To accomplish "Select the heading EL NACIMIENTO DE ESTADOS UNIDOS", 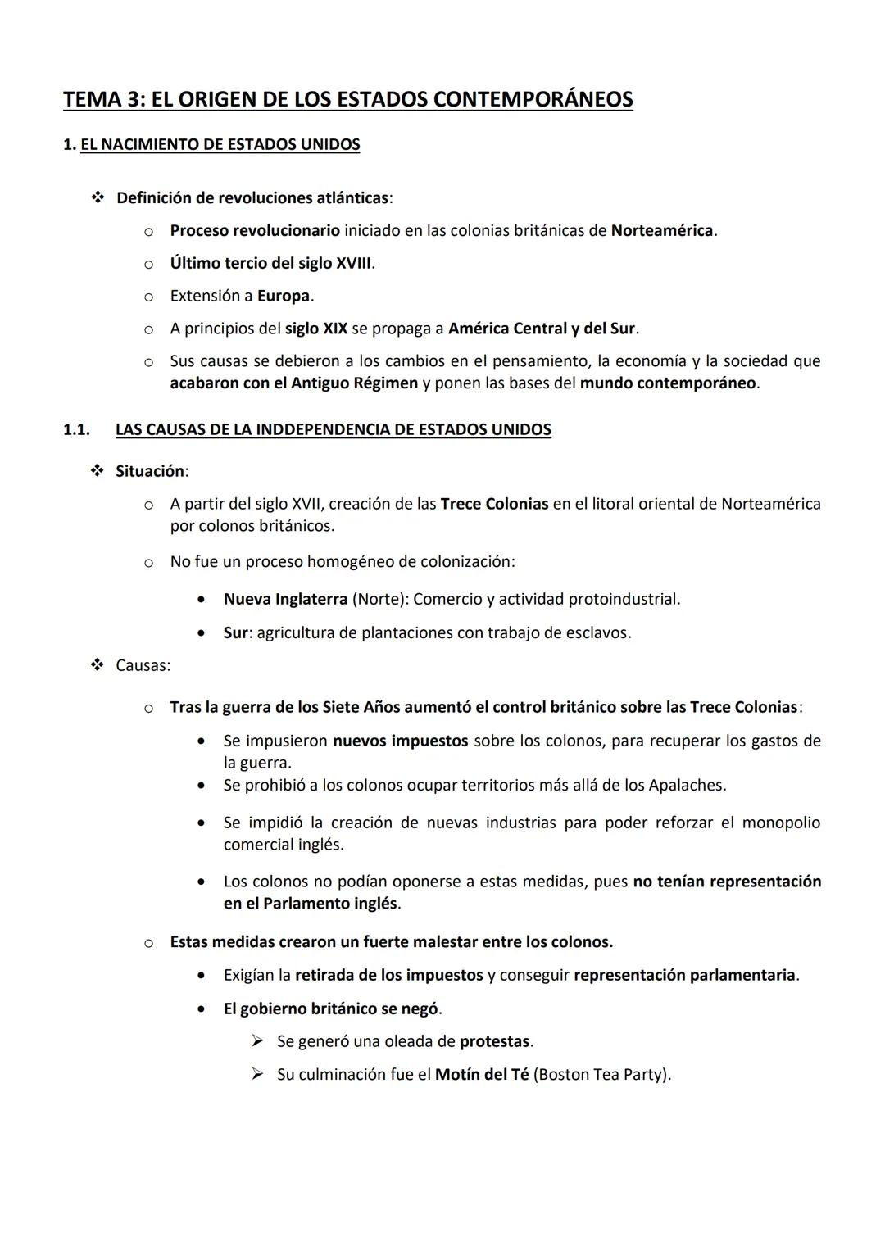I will click(x=220, y=145).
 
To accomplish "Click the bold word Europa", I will click(x=284, y=296).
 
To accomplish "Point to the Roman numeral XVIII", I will click(x=354, y=263).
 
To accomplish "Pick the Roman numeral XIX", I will click(x=334, y=329).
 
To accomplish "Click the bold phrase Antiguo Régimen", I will click(x=354, y=383).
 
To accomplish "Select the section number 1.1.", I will click(x=76, y=429).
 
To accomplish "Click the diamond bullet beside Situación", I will click(x=98, y=471).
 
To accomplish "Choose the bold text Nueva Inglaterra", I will click(x=285, y=599).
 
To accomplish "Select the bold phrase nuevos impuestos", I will click(x=400, y=741).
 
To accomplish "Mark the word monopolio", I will click(x=781, y=823).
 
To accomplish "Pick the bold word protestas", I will click(x=494, y=1041).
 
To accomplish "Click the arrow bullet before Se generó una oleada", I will click(x=257, y=1041).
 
